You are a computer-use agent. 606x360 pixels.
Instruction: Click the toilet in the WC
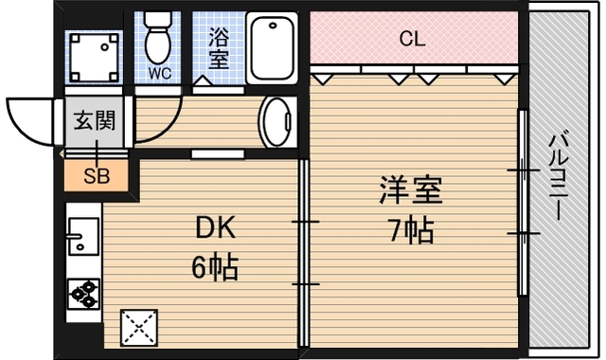point(158,38)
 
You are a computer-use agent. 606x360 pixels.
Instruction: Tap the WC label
point(160,73)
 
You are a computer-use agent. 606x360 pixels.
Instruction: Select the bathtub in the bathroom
point(272,48)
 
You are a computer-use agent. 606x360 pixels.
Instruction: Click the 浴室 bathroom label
point(219,47)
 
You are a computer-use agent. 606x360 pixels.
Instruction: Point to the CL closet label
point(413,39)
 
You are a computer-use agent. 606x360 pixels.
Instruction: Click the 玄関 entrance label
point(95,120)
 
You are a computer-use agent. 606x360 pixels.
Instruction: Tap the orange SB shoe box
point(96,176)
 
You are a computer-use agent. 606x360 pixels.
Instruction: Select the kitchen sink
point(83,236)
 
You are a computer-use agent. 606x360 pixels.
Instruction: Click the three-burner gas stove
point(83,294)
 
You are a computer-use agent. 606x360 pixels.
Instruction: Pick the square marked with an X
point(139,328)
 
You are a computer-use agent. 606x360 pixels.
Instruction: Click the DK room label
point(215,227)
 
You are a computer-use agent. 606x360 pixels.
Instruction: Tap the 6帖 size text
point(215,267)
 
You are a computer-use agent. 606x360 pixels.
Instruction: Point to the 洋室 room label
point(410,189)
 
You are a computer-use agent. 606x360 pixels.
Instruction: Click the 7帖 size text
point(411,230)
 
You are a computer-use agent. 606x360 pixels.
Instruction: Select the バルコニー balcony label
point(559,176)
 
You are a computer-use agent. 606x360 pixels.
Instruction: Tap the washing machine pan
point(94,57)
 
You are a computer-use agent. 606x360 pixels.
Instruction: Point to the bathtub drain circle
point(274,26)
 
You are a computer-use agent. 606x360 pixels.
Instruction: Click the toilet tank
point(158,19)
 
